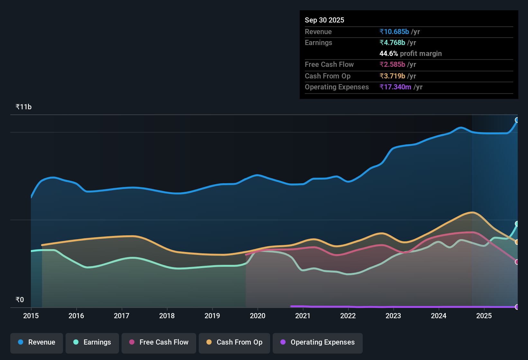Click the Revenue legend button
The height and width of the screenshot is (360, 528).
coord(37,342)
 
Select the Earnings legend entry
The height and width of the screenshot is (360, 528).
coord(92,342)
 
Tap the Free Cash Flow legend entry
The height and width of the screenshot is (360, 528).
coord(159,342)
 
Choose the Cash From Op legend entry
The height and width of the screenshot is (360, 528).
coord(234,342)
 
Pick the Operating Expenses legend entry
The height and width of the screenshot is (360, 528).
coord(318,342)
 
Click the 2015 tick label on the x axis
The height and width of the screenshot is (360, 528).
coord(31,316)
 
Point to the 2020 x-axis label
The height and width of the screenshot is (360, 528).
coord(258,316)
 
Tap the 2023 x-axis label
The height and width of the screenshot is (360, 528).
coord(393,316)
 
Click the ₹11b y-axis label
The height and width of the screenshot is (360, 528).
coord(23,107)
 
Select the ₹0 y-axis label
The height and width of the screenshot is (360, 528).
coord(20,300)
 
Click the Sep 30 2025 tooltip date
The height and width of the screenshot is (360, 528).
coord(324,20)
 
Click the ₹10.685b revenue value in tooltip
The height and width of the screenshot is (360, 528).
coord(394,32)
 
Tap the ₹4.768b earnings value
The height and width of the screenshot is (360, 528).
coord(392,42)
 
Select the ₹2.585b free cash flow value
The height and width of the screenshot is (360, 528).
coord(392,64)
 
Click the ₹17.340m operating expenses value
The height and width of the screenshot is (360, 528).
coord(395,87)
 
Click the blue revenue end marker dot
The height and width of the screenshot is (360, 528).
coord(517,120)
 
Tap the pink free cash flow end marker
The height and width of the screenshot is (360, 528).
coord(517,262)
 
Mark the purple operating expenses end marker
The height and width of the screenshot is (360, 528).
coord(517,307)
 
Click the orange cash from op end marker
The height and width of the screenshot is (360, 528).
coord(517,242)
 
